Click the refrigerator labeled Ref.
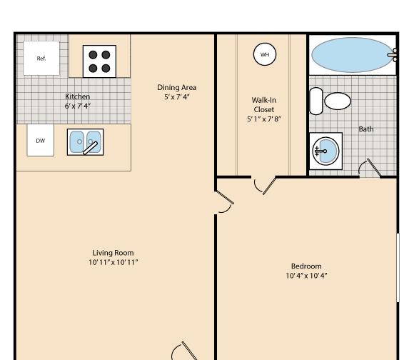(41, 58)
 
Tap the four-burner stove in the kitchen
(99, 61)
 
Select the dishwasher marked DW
(41, 140)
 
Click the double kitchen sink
(85, 142)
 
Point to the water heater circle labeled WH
(265, 54)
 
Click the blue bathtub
(352, 55)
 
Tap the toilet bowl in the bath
(338, 101)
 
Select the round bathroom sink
(325, 151)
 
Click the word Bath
(366, 129)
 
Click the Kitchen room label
(77, 96)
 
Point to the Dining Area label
(176, 87)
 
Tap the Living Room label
(113, 253)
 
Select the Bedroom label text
(306, 266)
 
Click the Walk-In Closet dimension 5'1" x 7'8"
(264, 119)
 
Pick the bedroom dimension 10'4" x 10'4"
(306, 276)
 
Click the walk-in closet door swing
(265, 186)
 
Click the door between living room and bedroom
(224, 201)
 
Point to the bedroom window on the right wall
(398, 267)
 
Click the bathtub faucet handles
(393, 55)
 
